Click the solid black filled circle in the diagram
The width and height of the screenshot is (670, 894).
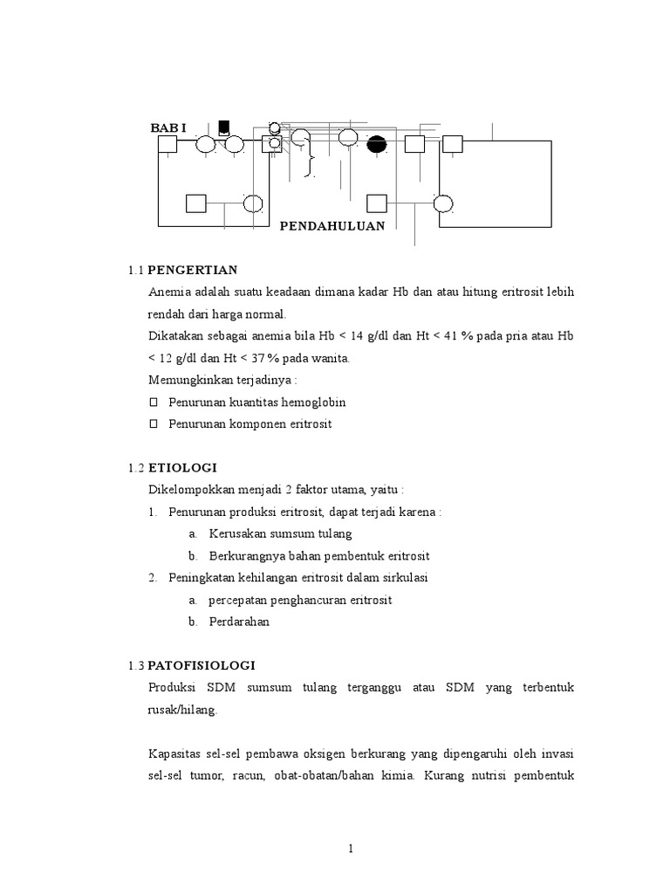[377, 145]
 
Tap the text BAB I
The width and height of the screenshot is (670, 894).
[168, 128]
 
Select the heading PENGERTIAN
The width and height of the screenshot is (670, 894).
[192, 269]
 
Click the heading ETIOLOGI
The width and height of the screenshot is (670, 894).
[182, 468]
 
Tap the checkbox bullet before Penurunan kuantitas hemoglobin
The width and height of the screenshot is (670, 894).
[154, 402]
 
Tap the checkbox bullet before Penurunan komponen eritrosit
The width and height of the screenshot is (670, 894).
[154, 424]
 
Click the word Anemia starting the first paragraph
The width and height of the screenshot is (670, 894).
[168, 292]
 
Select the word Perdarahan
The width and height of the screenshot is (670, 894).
[239, 622]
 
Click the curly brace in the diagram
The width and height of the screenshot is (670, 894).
[308, 162]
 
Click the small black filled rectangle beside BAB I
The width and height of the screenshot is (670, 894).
[224, 127]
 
